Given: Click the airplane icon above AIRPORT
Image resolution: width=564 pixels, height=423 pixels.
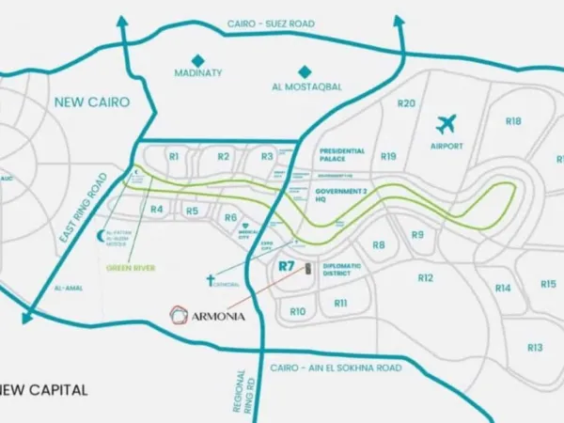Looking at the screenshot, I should (446, 124).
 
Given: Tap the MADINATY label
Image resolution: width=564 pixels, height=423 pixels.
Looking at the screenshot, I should (197, 72).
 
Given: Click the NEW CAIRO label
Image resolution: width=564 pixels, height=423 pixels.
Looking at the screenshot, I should (91, 102).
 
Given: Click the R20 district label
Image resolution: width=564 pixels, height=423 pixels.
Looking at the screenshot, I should (406, 103).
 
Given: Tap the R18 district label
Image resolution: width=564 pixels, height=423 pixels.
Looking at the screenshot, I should (513, 121).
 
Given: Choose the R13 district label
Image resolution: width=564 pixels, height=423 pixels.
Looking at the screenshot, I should (535, 347).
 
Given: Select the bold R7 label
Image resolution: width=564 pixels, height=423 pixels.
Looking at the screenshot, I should (288, 266).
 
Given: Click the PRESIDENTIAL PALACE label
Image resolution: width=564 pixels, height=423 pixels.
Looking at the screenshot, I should (341, 155).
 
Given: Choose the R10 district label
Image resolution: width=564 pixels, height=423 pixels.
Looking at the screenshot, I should (298, 311).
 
